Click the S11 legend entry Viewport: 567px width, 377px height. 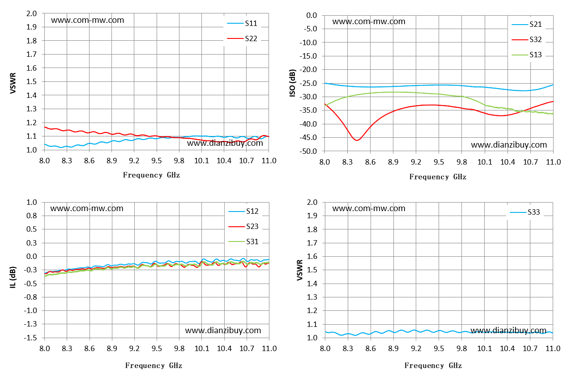pos(242,23)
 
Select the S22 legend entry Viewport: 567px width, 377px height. pos(242,38)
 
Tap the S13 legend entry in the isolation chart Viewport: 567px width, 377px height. pos(526,55)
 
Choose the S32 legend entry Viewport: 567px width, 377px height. pos(526,39)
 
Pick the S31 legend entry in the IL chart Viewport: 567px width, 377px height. pos(243,241)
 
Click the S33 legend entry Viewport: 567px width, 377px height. pos(525,212)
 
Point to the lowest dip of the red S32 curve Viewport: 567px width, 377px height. pos(357,140)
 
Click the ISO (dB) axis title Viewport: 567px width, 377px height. pos(292,83)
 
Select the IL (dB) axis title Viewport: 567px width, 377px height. pos(13,277)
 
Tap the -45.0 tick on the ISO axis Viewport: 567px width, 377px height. pos(308,138)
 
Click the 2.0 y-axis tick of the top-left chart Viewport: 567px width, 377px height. pos(32,13)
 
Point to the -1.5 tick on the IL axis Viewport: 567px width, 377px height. pos(30,338)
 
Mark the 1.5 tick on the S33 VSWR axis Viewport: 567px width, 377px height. pos(312,270)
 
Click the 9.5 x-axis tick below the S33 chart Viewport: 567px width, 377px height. pos(439,349)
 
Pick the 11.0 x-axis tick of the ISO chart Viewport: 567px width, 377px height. pos(553,162)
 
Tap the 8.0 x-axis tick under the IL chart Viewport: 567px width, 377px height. pos(45,349)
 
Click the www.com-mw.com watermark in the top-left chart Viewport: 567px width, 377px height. pos(88,20)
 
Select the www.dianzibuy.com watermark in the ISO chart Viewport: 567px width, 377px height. pos(509,145)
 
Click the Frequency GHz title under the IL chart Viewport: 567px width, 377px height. pos(153,366)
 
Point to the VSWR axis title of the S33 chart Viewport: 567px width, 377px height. pos(300,270)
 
